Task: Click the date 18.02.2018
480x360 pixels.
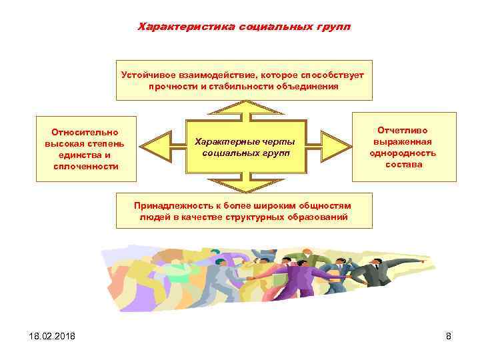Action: (44, 336)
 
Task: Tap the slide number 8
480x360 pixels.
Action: (449, 336)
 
